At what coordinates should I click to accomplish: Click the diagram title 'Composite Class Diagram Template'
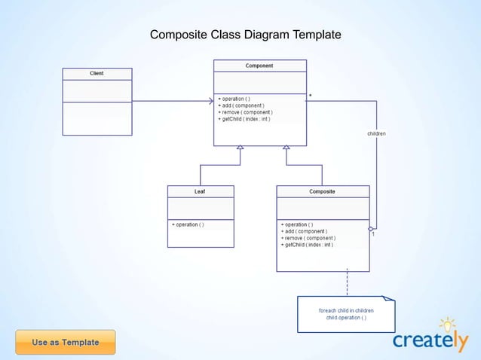click(245, 35)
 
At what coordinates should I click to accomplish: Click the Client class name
click(97, 73)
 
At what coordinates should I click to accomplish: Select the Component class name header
click(259, 66)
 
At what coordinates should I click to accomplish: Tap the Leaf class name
click(200, 191)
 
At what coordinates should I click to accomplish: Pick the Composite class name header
click(323, 191)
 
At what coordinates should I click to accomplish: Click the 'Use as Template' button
click(66, 342)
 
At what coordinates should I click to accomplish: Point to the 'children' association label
click(376, 133)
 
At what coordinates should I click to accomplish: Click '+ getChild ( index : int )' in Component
click(244, 119)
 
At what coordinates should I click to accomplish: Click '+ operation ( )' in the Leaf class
click(188, 224)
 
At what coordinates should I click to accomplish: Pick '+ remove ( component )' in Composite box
click(308, 238)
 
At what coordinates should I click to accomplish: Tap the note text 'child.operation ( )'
click(346, 318)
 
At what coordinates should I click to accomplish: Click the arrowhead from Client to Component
click(210, 101)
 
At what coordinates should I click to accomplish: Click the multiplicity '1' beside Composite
click(372, 235)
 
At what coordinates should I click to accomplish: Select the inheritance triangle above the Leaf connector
click(240, 148)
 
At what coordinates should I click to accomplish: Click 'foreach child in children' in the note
click(346, 310)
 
